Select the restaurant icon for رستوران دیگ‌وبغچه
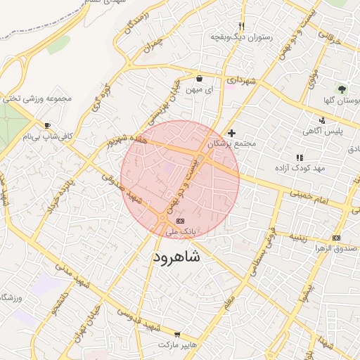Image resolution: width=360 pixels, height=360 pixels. point(241,26)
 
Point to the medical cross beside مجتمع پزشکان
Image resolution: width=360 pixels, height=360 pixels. point(232,133)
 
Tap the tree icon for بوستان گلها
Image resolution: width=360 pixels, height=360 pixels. point(342,89)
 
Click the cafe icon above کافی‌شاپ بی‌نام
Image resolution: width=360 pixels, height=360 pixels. point(47,125)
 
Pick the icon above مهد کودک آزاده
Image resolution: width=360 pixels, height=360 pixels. point(300,157)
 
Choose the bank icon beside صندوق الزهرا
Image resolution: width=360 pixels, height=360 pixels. point(336,238)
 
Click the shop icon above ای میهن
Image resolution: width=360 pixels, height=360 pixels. point(200,79)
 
